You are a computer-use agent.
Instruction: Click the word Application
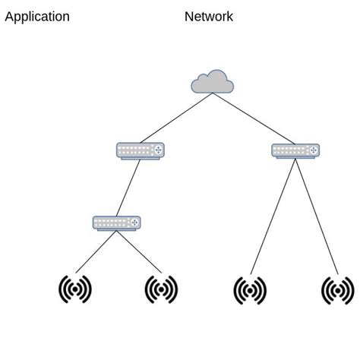pyautogui.click(x=37, y=17)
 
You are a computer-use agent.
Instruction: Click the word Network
pyautogui.click(x=209, y=17)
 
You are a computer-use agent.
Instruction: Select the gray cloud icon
pyautogui.click(x=212, y=81)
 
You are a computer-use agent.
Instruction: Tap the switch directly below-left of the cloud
pyautogui.click(x=141, y=150)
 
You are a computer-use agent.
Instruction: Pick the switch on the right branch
pyautogui.click(x=295, y=150)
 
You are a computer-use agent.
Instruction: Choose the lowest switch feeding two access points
pyautogui.click(x=117, y=223)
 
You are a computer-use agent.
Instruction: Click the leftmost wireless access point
pyautogui.click(x=75, y=289)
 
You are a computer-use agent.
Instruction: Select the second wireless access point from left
pyautogui.click(x=161, y=289)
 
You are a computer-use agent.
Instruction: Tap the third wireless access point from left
pyautogui.click(x=250, y=290)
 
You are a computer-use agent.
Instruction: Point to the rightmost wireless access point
pyautogui.click(x=338, y=290)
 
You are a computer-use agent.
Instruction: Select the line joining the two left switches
pyautogui.click(x=129, y=187)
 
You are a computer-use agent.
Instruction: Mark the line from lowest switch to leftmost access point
pyautogui.click(x=96, y=251)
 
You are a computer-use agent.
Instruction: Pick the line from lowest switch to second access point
pyautogui.click(x=139, y=251)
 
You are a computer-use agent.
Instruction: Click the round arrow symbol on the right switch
pyautogui.click(x=313, y=150)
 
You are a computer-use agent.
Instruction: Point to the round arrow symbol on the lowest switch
pyautogui.click(x=134, y=223)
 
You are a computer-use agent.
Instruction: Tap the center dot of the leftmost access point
pyautogui.click(x=75, y=289)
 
